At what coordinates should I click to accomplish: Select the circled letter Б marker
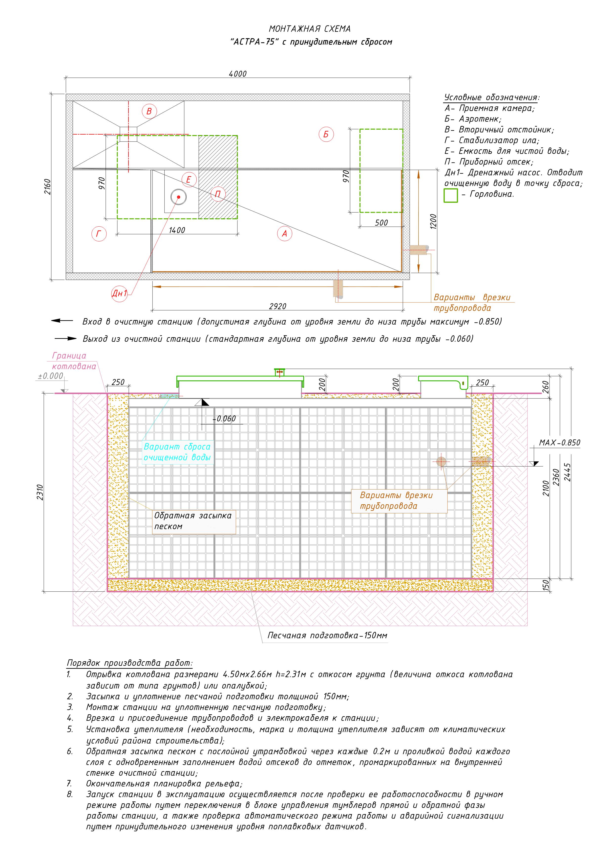(326, 134)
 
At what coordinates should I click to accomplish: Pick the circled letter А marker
(284, 234)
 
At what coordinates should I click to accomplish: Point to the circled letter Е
(189, 180)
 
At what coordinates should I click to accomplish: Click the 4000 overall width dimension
(238, 74)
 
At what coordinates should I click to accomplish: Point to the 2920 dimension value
(278, 306)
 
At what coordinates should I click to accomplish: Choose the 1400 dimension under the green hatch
(177, 230)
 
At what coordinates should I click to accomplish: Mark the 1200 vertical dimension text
(433, 221)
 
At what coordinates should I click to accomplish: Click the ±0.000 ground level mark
(51, 376)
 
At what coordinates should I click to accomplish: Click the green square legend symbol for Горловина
(451, 195)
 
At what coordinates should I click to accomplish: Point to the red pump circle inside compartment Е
(178, 197)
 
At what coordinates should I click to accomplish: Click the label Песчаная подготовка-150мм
(327, 635)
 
